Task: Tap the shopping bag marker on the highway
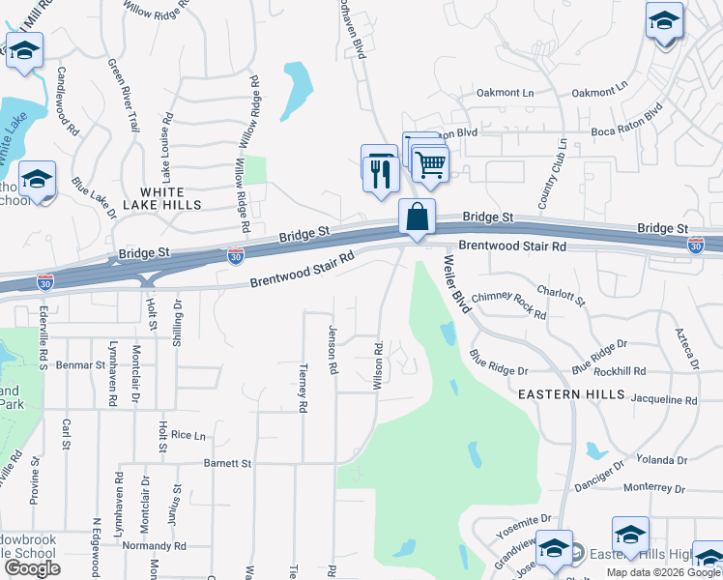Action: [x=417, y=217]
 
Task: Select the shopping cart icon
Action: [x=430, y=163]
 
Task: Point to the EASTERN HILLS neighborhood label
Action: [x=562, y=394]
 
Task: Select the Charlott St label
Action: [x=562, y=294]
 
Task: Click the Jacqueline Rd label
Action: [x=663, y=399]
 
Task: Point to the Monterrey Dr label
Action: [x=653, y=489]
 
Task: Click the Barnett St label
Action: [x=227, y=463]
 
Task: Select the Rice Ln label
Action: [x=188, y=435]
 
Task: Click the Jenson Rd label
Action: [x=332, y=348]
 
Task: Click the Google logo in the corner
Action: [x=32, y=568]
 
